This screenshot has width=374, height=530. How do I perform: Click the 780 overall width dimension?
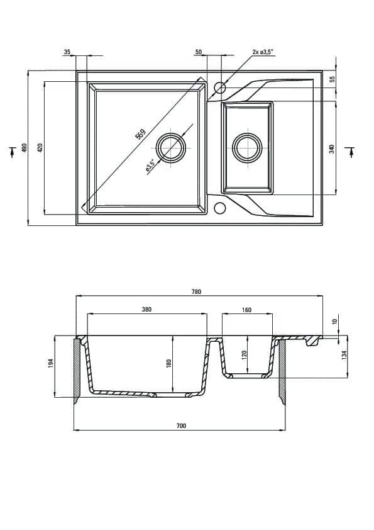(x=196, y=291)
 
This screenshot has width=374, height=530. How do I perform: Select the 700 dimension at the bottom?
(x=181, y=426)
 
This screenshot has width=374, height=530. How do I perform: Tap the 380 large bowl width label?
(x=147, y=309)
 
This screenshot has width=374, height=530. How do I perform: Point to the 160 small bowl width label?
(x=247, y=310)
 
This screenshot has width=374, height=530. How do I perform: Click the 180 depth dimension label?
(x=169, y=363)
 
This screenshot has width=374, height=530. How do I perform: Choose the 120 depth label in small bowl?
(x=245, y=354)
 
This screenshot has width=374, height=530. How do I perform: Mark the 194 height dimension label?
(x=51, y=363)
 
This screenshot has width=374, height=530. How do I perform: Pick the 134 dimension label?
(x=344, y=354)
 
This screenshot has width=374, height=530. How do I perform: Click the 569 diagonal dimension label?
(x=140, y=134)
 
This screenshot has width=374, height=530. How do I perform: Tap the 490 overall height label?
(x=24, y=148)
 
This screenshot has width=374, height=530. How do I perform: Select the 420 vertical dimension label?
(x=40, y=148)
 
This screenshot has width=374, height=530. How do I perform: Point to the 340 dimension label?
(x=332, y=149)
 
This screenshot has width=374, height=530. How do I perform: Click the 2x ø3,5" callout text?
(x=263, y=52)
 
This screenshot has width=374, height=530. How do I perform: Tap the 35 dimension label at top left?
(x=67, y=52)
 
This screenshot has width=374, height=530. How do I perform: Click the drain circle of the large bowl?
(x=171, y=148)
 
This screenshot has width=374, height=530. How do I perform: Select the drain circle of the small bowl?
(x=248, y=147)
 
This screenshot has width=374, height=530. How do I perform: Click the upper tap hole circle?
(x=220, y=87)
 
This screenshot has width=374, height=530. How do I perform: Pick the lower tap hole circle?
(x=220, y=208)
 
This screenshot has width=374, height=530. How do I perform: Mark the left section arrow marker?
(x=13, y=152)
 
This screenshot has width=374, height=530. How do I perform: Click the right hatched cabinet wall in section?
(x=282, y=371)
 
